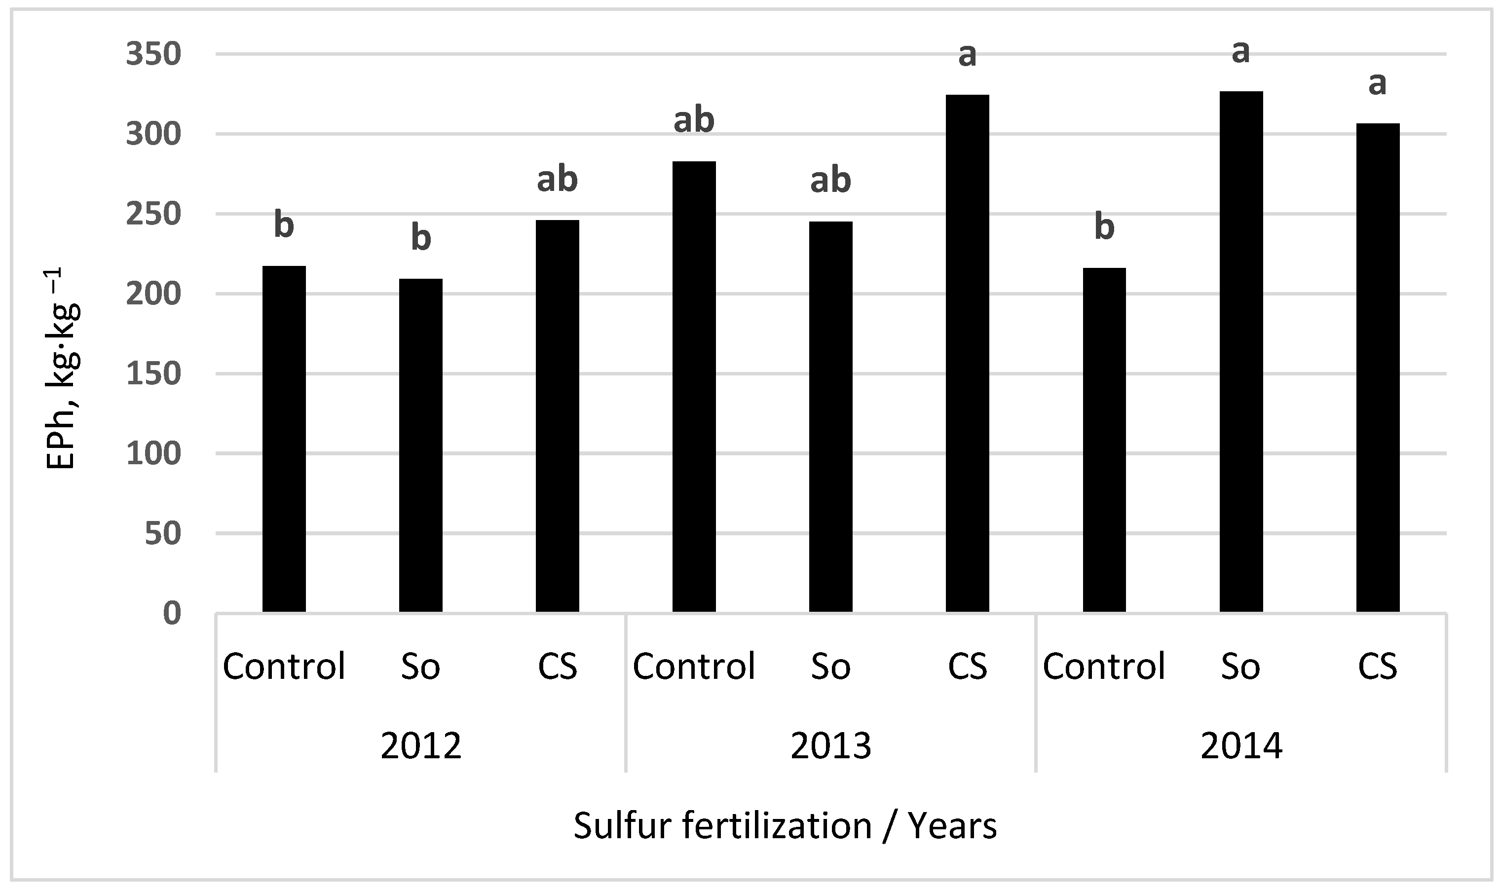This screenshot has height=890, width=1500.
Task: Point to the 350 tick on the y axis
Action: (x=153, y=55)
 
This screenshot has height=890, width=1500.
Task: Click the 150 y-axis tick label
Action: (x=153, y=373)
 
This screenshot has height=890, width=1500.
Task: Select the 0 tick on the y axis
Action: (x=172, y=613)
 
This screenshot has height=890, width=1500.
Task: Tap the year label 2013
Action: (x=830, y=746)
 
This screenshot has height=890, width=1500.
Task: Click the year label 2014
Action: (x=1240, y=746)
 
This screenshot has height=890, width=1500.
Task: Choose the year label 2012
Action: (x=420, y=746)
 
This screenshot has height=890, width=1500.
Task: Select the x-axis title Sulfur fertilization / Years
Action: (x=785, y=826)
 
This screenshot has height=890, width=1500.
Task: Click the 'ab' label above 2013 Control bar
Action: (x=694, y=120)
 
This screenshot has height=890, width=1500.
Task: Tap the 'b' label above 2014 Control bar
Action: (x=1104, y=227)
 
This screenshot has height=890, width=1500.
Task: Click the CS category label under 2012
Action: (x=557, y=667)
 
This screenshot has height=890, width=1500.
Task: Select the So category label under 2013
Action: (x=830, y=667)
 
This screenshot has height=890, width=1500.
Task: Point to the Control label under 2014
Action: (x=1104, y=667)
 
